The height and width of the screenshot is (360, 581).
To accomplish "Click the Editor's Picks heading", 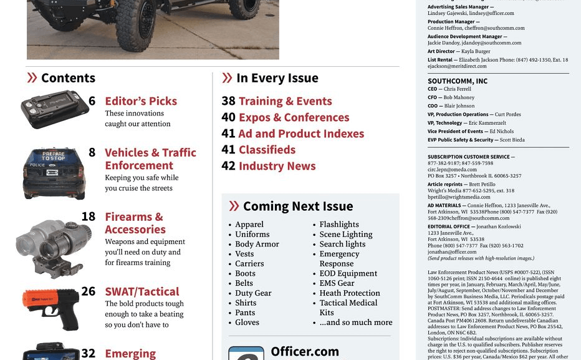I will (141, 101).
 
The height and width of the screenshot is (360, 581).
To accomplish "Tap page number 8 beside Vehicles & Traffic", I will (92, 152).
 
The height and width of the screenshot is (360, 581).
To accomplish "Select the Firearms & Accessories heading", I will (135, 223).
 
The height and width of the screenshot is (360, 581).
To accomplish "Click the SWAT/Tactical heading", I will (142, 291).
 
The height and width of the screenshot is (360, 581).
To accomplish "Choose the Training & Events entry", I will (285, 101).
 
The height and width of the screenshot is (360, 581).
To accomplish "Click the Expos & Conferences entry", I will (294, 117).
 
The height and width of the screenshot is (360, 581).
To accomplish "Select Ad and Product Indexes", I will (300, 134).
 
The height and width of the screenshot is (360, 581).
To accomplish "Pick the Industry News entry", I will (277, 166).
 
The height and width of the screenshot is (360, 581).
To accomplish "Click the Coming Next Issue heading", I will (297, 206).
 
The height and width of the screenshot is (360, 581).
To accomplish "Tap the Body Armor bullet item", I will (257, 244).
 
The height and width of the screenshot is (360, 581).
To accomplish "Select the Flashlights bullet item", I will (339, 224).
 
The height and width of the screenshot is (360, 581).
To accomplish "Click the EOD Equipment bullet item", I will (348, 273).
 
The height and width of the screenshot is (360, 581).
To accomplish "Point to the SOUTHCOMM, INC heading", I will (458, 81).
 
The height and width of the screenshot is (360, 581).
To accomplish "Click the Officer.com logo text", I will (305, 352).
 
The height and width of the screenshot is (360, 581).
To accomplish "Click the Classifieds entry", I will (267, 150).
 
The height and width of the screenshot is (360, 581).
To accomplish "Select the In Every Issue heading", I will (277, 78).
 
